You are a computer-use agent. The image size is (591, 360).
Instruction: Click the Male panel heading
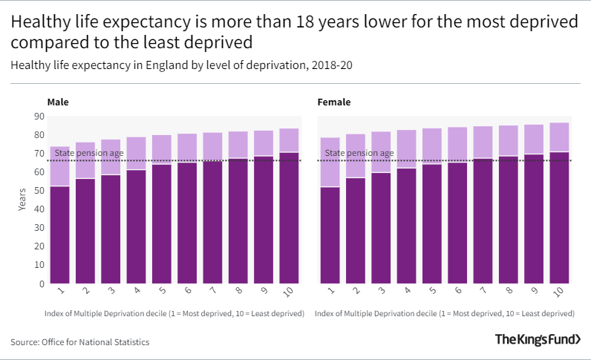(x=58, y=102)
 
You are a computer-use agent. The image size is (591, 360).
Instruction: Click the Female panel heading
(x=334, y=102)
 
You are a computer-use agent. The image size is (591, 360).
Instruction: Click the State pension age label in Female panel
(x=359, y=154)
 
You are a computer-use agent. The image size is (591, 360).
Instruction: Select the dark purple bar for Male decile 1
(x=59, y=234)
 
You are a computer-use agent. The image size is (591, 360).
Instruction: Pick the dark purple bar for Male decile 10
(x=289, y=217)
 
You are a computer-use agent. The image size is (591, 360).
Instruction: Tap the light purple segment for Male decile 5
(x=162, y=149)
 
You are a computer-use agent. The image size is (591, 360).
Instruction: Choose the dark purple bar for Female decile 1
(x=330, y=235)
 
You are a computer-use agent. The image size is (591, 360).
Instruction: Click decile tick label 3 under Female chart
(x=380, y=292)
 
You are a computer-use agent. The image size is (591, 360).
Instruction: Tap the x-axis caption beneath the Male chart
(x=174, y=314)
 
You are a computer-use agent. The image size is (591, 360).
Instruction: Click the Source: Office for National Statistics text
(x=80, y=342)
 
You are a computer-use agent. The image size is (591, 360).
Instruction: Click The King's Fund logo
(x=538, y=340)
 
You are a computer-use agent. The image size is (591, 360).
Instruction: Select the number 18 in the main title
(x=285, y=23)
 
